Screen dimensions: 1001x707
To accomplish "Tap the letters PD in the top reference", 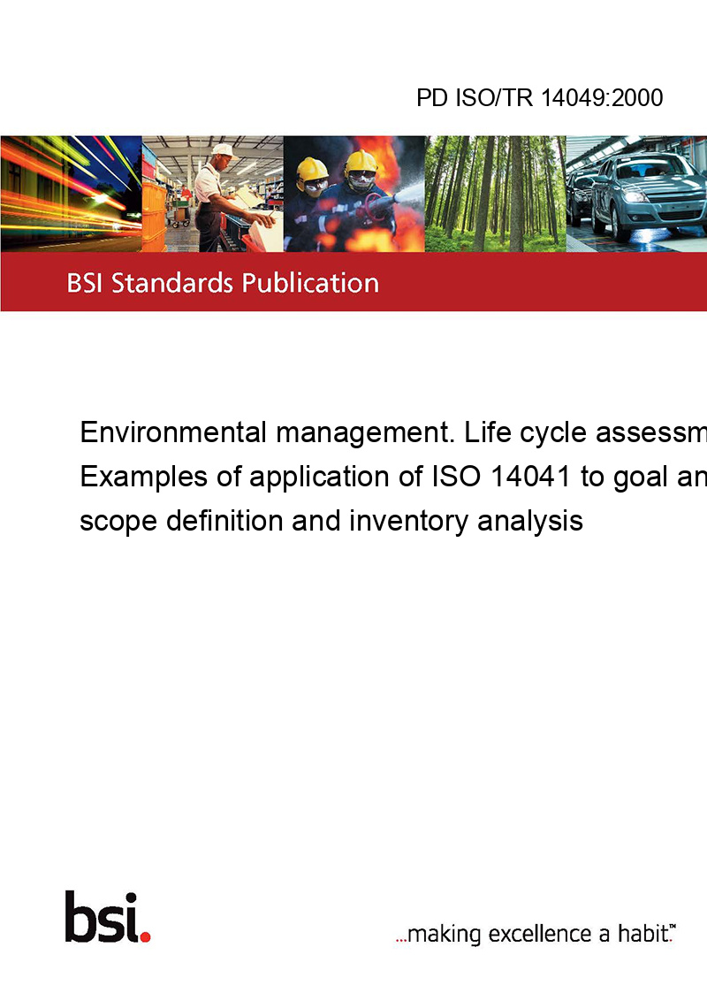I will click(x=433, y=98).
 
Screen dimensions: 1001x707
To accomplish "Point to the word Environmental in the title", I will click(x=173, y=432).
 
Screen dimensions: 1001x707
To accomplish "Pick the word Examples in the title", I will click(x=134, y=477).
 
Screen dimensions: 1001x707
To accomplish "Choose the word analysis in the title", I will click(x=534, y=521).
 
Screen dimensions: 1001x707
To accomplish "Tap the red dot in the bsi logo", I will click(x=145, y=936).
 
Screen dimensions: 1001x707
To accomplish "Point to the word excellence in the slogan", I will click(x=540, y=934).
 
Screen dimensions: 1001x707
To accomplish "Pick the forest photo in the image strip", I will click(x=495, y=194).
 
